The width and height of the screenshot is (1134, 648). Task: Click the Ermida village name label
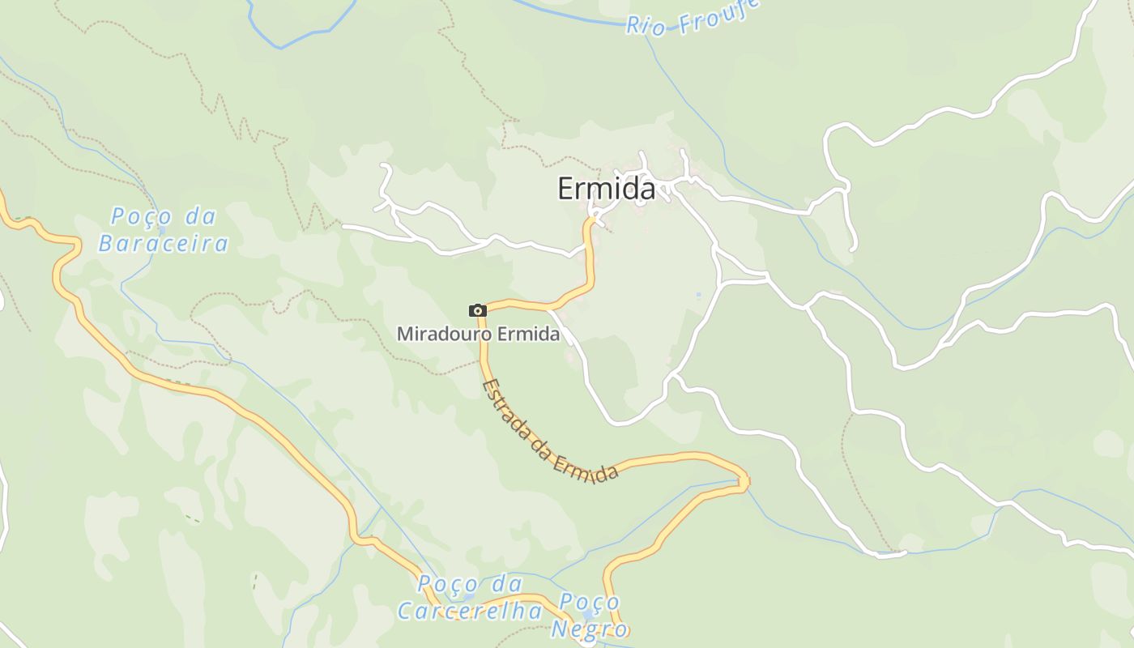(x=606, y=189)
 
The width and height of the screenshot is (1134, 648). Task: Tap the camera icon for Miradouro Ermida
(x=477, y=310)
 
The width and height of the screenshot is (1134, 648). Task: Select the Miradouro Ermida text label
(x=478, y=334)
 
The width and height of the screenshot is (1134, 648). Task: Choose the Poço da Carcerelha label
(x=471, y=597)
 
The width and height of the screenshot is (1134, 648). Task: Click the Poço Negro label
(x=590, y=616)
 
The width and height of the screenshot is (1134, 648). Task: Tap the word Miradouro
(x=443, y=334)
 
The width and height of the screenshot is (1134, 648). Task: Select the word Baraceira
(x=164, y=243)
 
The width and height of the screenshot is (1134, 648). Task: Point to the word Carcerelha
(x=471, y=610)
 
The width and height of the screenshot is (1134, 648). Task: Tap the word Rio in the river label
(x=646, y=26)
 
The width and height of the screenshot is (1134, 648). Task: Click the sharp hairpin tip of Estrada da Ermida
(x=744, y=482)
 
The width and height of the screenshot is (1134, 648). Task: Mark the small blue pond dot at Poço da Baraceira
(x=163, y=230)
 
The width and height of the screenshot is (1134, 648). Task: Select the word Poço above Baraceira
(x=141, y=217)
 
